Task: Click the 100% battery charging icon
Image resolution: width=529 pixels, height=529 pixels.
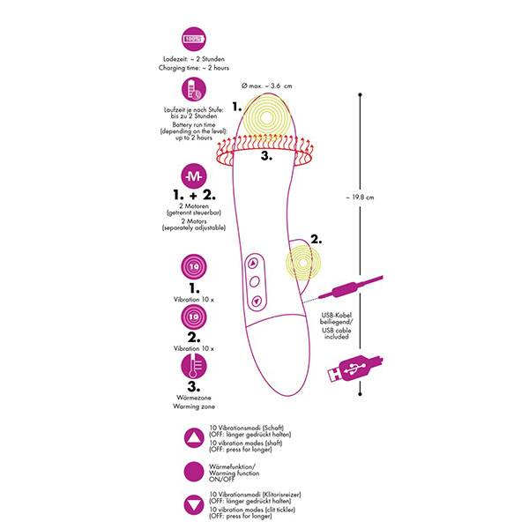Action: coord(194,39)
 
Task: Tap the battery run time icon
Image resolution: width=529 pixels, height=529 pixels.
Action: coord(194,89)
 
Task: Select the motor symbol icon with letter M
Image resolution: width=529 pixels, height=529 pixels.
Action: coord(194,176)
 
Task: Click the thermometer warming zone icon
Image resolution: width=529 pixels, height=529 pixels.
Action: coord(194,366)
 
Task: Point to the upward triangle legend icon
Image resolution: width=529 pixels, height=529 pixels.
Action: coord(194,438)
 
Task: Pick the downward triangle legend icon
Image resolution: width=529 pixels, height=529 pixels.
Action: coord(194,505)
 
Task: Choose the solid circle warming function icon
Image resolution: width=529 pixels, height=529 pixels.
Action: coord(194,472)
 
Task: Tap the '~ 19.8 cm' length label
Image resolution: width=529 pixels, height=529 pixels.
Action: coord(360,197)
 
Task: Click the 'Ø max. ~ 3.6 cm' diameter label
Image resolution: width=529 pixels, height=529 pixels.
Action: coord(266,86)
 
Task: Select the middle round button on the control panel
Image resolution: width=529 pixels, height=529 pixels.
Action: coord(255,281)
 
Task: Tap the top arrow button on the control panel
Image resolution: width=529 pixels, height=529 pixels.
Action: coord(253,263)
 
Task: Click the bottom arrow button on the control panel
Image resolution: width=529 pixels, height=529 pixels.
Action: coord(257,301)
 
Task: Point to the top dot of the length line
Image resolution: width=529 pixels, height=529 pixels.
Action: coord(360,95)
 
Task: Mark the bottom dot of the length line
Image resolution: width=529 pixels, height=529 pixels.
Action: coord(360,394)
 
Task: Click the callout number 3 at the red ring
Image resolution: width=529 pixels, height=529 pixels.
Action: coord(266,156)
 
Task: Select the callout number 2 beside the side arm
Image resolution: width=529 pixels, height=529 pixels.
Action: coord(317,239)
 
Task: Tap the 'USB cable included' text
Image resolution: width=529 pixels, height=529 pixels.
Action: coord(337,333)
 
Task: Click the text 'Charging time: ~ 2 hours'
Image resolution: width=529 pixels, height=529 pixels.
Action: coord(194,68)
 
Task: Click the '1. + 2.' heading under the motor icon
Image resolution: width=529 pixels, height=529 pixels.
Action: coord(194,195)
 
